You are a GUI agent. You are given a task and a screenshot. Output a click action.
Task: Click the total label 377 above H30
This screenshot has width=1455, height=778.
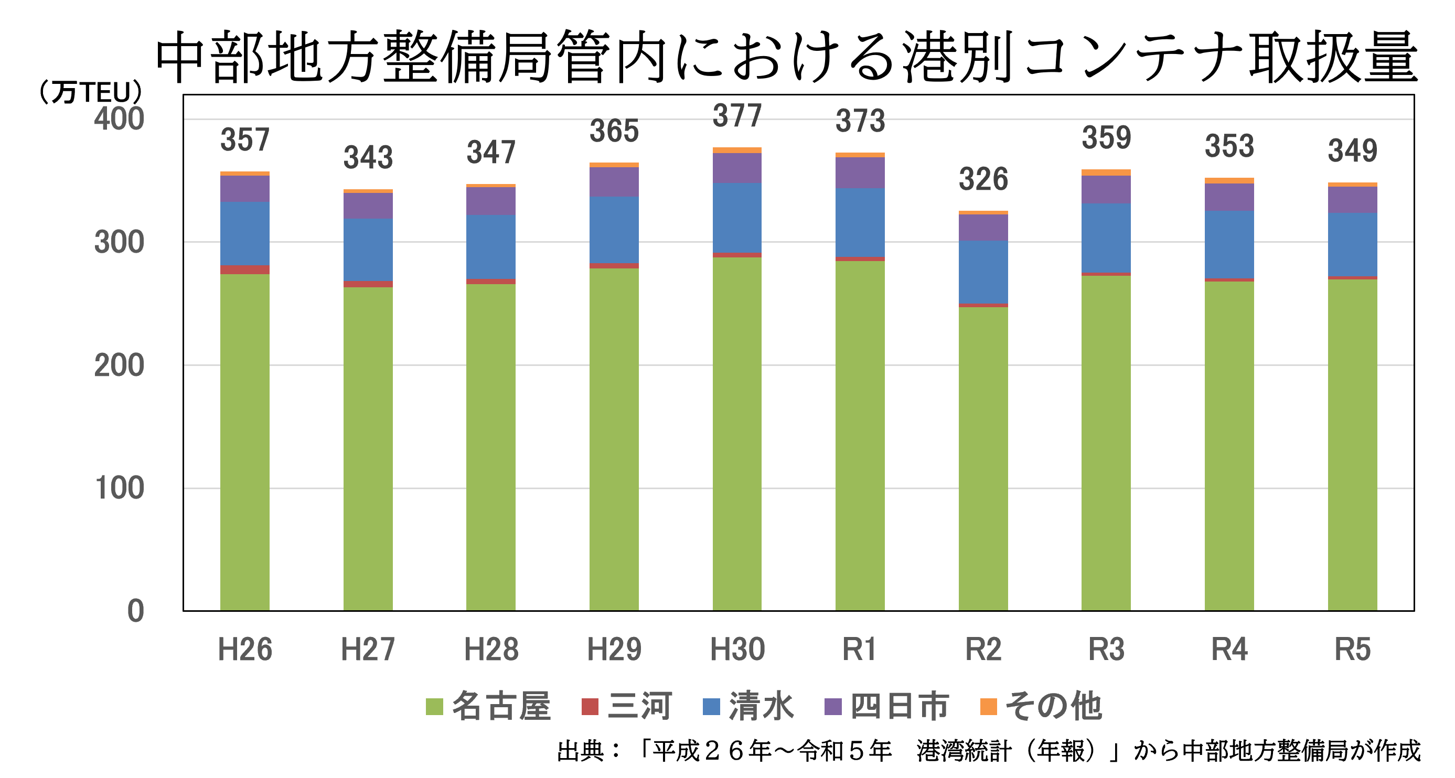pos(737,116)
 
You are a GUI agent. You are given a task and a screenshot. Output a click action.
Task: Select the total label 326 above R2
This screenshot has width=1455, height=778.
pos(983,179)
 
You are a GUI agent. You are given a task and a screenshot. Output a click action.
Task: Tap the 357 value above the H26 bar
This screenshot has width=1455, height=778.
pos(244,140)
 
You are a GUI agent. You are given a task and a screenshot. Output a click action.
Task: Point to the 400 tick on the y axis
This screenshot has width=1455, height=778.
pos(119,120)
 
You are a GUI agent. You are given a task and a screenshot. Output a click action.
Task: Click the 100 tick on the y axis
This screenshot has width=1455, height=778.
pos(119,489)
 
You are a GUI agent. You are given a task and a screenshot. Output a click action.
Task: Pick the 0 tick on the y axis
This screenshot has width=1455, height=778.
pos(135,611)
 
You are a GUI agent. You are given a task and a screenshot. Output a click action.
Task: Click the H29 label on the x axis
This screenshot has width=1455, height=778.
pos(614,649)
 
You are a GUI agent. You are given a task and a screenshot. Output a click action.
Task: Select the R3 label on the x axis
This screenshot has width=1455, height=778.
pos(1106,649)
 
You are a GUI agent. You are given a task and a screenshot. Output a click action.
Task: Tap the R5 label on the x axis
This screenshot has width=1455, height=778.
pos(1352,649)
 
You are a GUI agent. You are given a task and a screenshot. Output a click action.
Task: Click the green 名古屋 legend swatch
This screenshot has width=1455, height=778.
pos(434,707)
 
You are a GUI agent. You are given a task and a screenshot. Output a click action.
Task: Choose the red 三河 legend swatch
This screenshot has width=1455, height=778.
pos(590,707)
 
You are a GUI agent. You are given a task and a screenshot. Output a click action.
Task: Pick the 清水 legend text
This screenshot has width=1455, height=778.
pos(762,706)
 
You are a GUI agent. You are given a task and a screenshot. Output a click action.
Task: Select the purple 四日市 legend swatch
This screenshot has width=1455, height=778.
pos(833,707)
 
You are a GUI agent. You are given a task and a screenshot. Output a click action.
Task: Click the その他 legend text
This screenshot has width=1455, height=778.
pos(1054,706)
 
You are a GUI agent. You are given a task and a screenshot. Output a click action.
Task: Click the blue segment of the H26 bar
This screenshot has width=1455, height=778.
pos(244,233)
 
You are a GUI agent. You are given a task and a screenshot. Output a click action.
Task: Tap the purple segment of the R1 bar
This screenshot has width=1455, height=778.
pos(860,173)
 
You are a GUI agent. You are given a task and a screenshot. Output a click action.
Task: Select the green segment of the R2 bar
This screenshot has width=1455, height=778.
pos(983,457)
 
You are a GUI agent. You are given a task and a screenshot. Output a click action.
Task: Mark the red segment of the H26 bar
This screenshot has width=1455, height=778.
pos(244,270)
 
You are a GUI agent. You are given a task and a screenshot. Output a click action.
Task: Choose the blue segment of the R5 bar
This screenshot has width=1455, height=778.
pos(1352,244)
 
